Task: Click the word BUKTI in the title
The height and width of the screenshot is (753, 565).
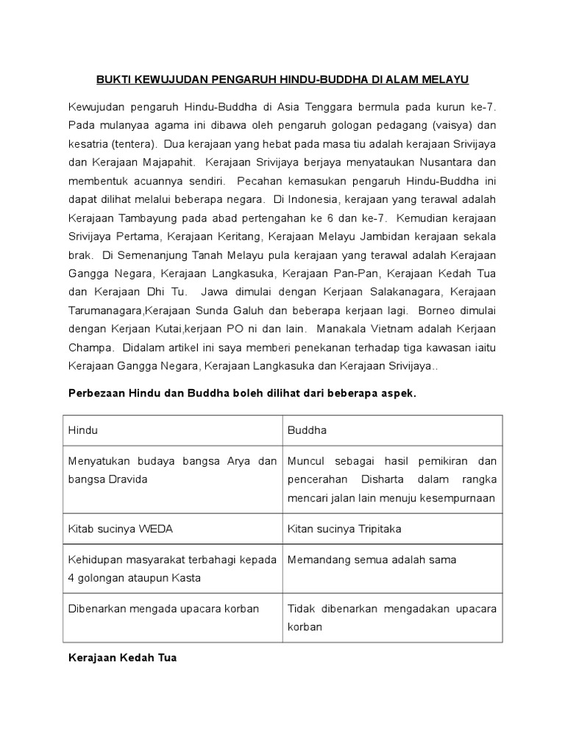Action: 113,78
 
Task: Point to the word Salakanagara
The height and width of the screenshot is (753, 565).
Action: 389,290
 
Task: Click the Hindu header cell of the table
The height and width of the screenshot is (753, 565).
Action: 83,430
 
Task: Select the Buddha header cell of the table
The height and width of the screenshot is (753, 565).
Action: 308,430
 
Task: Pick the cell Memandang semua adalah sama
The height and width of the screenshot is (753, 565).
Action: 372,560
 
